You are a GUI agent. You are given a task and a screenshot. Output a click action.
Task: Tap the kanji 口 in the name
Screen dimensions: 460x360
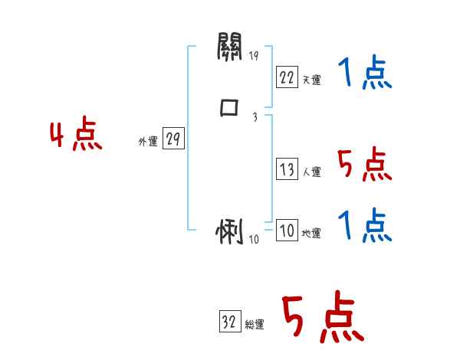[229, 108]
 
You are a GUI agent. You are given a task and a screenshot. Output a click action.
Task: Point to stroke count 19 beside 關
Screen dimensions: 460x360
[255, 57]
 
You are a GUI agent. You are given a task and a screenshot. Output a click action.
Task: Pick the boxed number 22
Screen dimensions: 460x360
[286, 77]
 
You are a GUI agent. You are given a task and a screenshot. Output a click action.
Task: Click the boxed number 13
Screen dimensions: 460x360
[286, 169]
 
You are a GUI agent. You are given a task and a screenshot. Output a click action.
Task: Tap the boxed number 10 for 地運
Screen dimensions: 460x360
[286, 231]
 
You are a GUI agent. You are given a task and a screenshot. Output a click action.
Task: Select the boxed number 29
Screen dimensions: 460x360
[173, 139]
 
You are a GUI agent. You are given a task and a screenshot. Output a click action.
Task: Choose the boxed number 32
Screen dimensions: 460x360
[229, 322]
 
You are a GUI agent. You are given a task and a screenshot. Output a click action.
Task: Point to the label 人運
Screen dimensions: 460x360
[311, 172]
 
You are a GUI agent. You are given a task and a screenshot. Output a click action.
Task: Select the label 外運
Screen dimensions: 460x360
[148, 142]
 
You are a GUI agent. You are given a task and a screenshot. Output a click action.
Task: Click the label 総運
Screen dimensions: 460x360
[255, 326]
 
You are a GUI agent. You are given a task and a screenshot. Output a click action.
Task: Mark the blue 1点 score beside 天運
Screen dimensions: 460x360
[364, 74]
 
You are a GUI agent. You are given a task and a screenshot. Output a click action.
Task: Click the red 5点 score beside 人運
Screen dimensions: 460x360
[364, 164]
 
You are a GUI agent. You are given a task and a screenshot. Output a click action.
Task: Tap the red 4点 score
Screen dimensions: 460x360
[76, 136]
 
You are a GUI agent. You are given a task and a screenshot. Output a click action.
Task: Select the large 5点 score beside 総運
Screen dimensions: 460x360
[322, 318]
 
